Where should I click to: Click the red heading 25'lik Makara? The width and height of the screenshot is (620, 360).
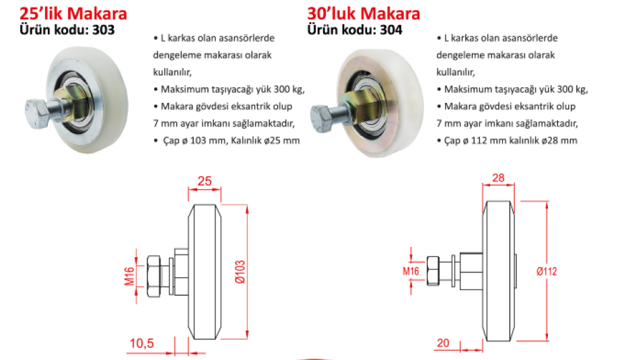click(x=73, y=14)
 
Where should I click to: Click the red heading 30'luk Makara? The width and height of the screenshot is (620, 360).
click(x=364, y=14)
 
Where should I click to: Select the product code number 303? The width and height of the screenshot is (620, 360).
click(x=104, y=30)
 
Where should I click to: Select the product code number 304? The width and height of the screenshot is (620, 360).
click(x=391, y=30)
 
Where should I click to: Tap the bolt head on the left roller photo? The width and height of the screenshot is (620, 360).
click(x=37, y=114)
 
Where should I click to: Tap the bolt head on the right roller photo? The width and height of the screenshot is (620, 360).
click(x=322, y=118)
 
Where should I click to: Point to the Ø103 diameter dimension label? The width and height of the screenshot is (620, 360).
click(x=240, y=272)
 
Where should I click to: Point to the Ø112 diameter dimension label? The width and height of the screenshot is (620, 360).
click(x=547, y=271)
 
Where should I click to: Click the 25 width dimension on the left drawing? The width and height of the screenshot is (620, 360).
click(x=205, y=181)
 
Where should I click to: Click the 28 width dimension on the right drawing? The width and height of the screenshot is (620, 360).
click(x=498, y=178)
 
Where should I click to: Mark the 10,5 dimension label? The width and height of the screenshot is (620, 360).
click(x=142, y=343)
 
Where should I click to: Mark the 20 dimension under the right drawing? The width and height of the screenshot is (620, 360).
click(x=443, y=343)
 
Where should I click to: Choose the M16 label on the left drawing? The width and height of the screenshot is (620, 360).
click(x=130, y=276)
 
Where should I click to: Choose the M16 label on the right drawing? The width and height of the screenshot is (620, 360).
click(x=411, y=271)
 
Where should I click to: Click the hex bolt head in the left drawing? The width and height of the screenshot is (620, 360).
click(x=153, y=276)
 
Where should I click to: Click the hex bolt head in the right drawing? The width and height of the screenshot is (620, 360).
click(x=434, y=271)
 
